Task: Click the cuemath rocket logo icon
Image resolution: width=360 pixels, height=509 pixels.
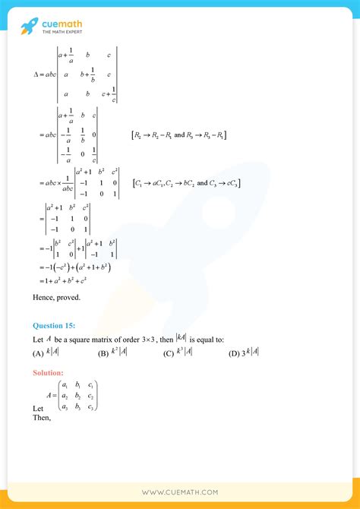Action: [x=30, y=26]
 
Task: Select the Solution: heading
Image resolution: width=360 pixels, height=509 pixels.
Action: [x=49, y=372]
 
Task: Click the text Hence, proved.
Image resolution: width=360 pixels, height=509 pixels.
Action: [x=56, y=297]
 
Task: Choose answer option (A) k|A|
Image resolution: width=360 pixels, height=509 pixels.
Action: [x=49, y=352]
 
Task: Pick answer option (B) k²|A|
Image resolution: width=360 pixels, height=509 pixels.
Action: [x=113, y=352]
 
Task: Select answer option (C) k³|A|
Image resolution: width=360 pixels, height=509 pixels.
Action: [x=178, y=352]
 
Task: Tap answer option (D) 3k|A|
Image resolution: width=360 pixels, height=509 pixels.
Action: [x=244, y=352]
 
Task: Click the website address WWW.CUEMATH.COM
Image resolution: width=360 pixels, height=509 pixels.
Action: [x=180, y=492]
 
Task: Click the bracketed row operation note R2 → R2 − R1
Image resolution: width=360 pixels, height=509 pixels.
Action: [x=179, y=135]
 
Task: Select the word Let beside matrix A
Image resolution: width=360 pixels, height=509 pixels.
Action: [x=39, y=408]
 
